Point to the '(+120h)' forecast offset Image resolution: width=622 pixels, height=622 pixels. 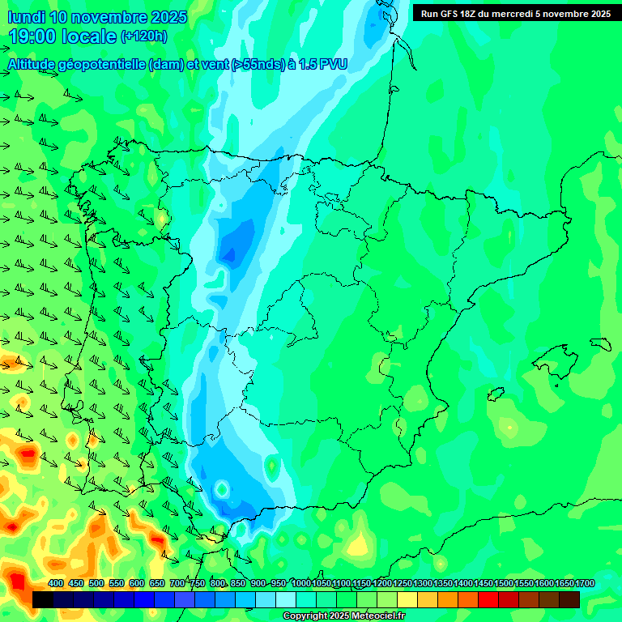tap(143, 36)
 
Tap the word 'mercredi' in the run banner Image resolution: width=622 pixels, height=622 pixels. tap(522, 14)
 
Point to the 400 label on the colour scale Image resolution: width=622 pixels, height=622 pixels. tap(56, 584)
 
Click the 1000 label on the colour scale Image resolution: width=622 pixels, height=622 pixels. tap(300, 584)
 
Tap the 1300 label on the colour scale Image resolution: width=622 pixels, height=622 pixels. tap(423, 584)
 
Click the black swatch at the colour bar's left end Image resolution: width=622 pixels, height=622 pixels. tap(43, 599)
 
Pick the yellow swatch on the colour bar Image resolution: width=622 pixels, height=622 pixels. tap(407, 599)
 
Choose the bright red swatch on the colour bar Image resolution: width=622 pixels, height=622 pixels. tap(488, 599)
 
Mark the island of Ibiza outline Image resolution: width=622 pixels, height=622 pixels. tap(496, 394)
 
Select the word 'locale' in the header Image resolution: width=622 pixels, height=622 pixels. tap(90, 36)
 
